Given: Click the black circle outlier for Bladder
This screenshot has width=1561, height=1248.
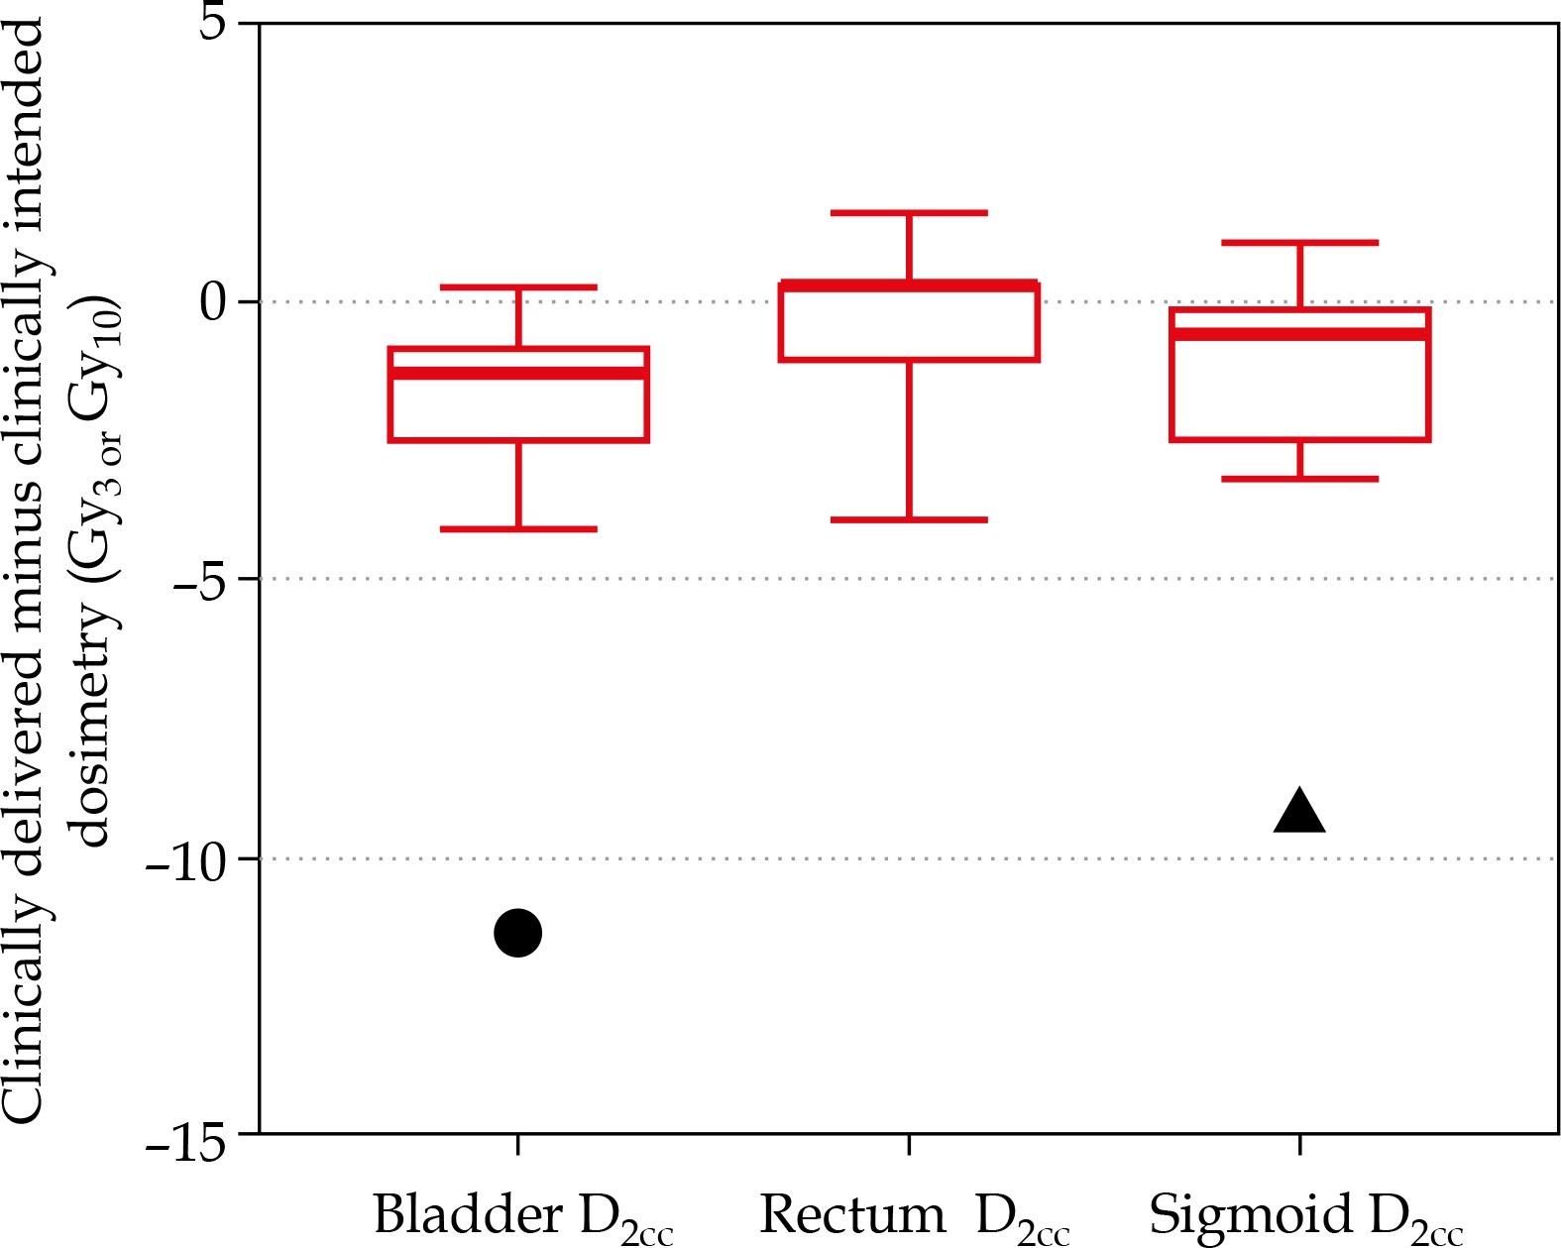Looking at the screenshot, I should coord(517,933).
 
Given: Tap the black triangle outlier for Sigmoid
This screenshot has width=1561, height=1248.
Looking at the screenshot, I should coord(1299,813).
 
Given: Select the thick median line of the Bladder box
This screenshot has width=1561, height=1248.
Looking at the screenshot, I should coord(518,373).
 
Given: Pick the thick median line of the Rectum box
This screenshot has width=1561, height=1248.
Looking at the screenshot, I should coord(909,285).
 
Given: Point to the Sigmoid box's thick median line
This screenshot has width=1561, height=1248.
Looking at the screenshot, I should coord(1299,333).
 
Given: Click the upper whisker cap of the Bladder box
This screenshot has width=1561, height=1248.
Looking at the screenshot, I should coord(518,287).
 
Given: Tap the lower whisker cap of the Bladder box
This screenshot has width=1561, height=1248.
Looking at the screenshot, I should coord(518,528).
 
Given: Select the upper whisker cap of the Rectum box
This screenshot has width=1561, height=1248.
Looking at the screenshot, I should coord(909,212).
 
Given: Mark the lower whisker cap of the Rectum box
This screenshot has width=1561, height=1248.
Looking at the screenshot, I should coord(909,519).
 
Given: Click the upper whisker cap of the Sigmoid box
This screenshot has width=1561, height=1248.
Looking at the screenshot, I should coord(1299,242).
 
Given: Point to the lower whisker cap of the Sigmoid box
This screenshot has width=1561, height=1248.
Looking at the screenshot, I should coord(1299,479).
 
